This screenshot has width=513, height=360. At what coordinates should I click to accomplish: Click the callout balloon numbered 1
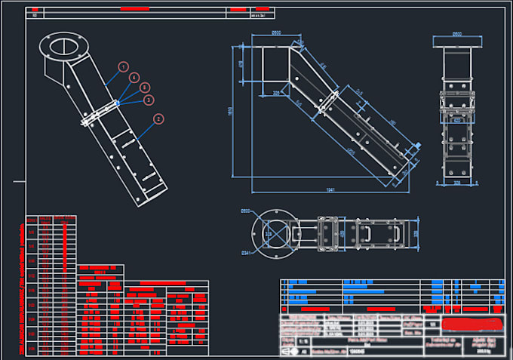coord(123,67)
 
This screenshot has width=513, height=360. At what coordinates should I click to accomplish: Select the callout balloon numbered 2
coord(158,118)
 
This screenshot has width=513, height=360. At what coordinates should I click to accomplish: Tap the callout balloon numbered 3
coord(149,99)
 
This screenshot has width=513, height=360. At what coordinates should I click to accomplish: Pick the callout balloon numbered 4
coord(134,78)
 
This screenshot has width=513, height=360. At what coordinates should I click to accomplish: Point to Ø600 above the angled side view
coord(276,32)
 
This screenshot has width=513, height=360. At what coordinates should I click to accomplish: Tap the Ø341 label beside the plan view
coord(244,251)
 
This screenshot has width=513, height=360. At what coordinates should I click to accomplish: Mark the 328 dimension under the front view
coord(456,182)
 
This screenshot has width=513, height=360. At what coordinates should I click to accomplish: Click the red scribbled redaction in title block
coord(472,325)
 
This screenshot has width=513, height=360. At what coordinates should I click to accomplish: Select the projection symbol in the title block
coord(287,351)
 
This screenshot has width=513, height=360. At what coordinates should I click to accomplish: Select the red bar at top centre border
coord(137,8)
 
